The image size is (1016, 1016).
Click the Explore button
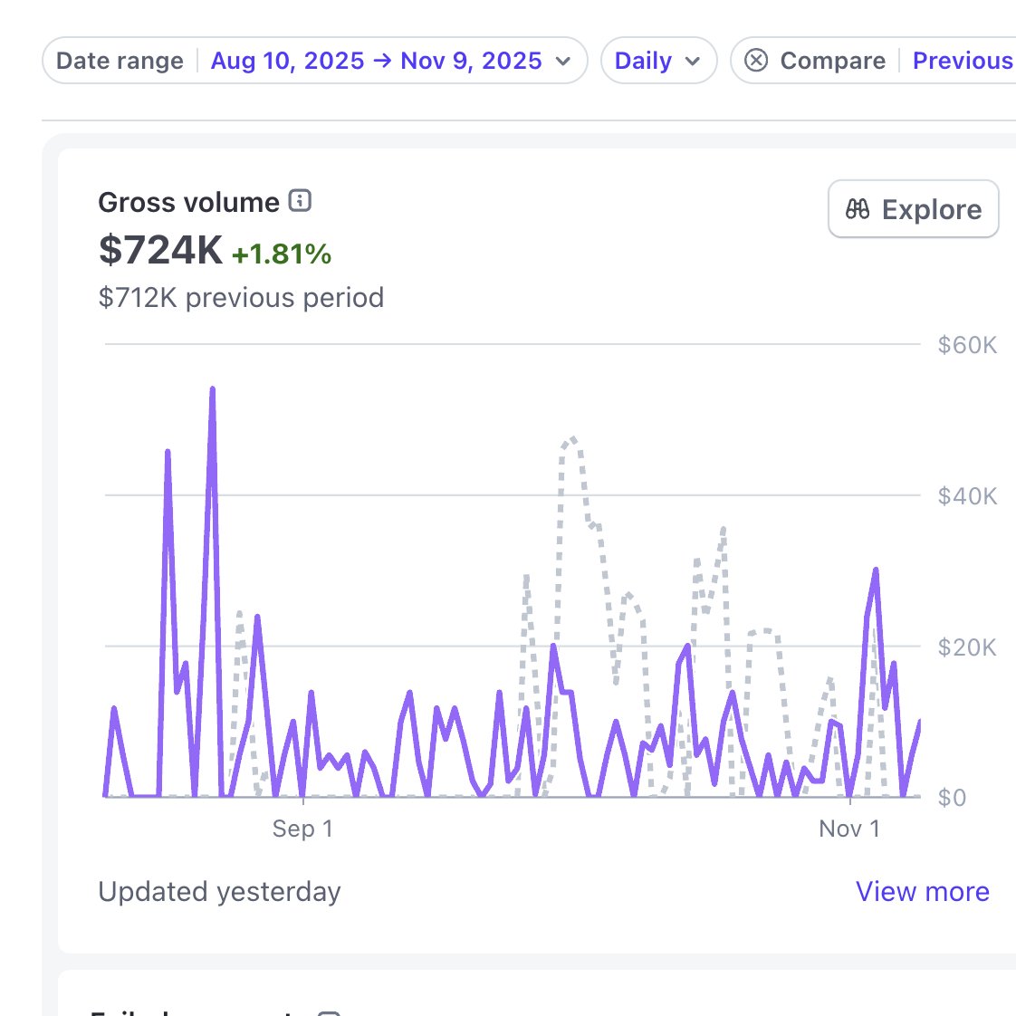[913, 209]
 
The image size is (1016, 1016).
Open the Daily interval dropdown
[657, 61]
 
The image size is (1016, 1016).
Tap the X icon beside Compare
[756, 61]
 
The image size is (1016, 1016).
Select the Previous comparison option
[962, 61]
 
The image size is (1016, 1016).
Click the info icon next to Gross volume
[300, 201]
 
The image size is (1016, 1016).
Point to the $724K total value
[160, 250]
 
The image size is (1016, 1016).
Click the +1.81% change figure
[282, 254]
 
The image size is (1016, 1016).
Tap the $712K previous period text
[241, 298]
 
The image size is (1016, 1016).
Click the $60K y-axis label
[967, 345]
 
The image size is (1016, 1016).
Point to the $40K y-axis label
[967, 496]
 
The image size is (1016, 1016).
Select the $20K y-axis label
[967, 647]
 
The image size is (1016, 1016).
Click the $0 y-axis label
[952, 798]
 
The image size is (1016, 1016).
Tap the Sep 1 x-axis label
[302, 829]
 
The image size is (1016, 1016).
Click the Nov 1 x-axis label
[848, 829]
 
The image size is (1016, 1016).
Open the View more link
[922, 892]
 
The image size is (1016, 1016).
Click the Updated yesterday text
[219, 892]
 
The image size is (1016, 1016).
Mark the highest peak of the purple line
[213, 389]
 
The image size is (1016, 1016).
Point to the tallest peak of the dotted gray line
[571, 439]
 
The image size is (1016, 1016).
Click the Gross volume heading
[188, 202]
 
